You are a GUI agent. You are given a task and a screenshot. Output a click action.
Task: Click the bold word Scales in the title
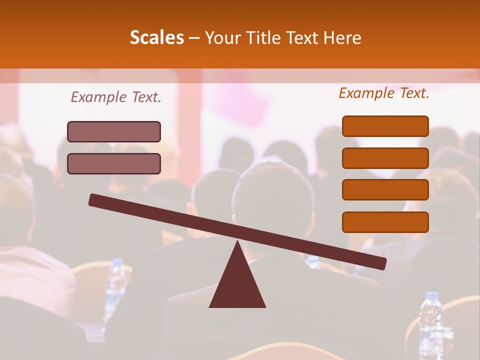[157, 37]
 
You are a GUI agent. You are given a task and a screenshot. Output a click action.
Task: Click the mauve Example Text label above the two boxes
[116, 97]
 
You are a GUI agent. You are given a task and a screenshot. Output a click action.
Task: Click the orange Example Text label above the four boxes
[384, 93]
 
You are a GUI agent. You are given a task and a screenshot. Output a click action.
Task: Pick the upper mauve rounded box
[114, 131]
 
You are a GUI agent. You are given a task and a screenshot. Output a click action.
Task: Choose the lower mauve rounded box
[114, 163]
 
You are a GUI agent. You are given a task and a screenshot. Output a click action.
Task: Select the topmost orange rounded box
[385, 126]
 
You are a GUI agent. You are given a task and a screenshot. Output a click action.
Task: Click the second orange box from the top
[385, 158]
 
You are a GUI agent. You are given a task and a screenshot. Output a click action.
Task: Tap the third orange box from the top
[385, 190]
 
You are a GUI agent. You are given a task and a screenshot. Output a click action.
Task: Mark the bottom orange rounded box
[385, 222]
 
